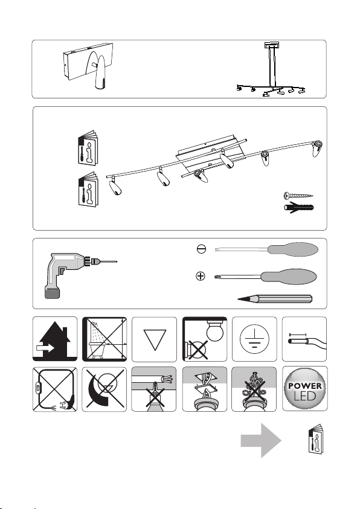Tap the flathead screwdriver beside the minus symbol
[266, 249]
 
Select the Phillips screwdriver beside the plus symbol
[266, 277]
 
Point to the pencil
[275, 299]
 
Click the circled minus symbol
[201, 249]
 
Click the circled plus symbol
[201, 277]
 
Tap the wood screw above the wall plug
[298, 196]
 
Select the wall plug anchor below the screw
[299, 207]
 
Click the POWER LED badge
[304, 389]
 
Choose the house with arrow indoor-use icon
[55, 339]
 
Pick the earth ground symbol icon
[254, 339]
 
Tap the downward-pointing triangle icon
[155, 339]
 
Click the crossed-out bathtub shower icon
[104, 339]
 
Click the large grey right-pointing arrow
[261, 441]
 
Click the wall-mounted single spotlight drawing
[88, 65]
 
